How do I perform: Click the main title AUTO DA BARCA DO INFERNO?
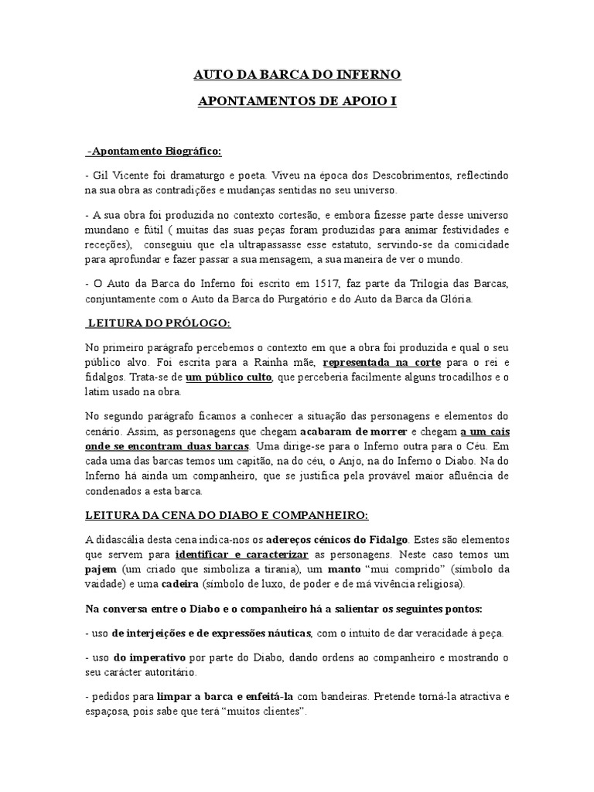(296, 76)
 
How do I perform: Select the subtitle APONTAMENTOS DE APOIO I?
(296, 101)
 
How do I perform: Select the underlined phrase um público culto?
(229, 376)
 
